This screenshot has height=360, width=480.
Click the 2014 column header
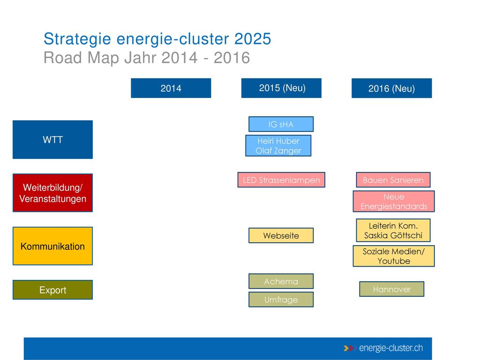(171, 88)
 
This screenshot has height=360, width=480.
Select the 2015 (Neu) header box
(281, 88)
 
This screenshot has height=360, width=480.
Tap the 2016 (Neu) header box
(391, 88)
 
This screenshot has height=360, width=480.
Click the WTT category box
(52, 140)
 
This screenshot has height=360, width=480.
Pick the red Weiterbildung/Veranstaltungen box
(52, 193)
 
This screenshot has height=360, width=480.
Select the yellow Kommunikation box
(52, 246)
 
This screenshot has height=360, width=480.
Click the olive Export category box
(52, 290)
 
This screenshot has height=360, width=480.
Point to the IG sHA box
(281, 124)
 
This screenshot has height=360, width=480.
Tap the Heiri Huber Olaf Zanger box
(278, 146)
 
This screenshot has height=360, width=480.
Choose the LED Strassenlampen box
(281, 180)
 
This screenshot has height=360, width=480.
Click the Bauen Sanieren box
(393, 180)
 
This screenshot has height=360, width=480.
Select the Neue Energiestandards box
(394, 202)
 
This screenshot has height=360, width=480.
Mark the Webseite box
(281, 235)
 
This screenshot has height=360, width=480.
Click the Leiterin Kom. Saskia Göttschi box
(393, 230)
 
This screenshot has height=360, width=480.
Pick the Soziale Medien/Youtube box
(394, 256)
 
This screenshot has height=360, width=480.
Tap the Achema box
(281, 281)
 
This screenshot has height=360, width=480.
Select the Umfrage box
(281, 300)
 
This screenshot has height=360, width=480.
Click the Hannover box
(392, 289)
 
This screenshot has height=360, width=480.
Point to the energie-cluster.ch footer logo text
(391, 348)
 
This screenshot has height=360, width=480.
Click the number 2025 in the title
(253, 39)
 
